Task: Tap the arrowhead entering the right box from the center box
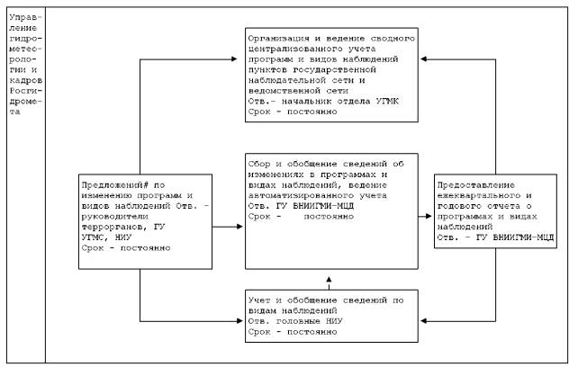point(430,210)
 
